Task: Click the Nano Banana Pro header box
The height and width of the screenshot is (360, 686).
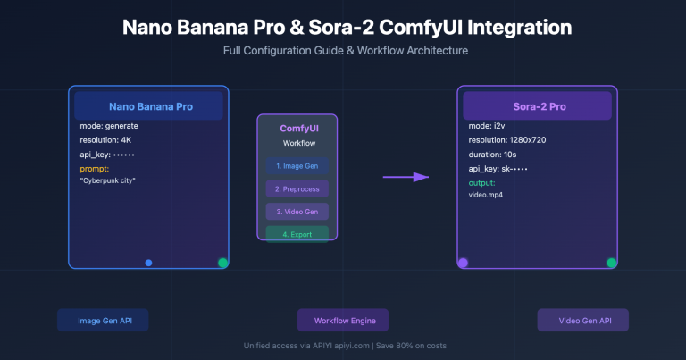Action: click(x=149, y=106)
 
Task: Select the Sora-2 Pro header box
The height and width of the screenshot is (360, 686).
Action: click(x=537, y=106)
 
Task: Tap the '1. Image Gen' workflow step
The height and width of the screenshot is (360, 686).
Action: click(x=297, y=166)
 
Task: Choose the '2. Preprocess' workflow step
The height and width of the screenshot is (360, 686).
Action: click(x=297, y=189)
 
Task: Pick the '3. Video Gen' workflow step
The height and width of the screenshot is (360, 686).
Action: click(x=297, y=212)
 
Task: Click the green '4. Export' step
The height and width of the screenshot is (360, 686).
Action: click(x=297, y=234)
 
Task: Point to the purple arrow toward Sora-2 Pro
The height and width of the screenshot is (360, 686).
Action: click(x=406, y=177)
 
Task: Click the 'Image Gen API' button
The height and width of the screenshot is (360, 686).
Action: click(x=102, y=321)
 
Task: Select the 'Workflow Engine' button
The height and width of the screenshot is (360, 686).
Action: click(x=343, y=321)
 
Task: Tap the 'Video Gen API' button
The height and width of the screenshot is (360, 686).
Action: click(x=582, y=321)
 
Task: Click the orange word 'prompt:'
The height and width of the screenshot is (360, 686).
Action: click(x=95, y=168)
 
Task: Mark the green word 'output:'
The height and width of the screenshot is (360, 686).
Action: click(x=483, y=182)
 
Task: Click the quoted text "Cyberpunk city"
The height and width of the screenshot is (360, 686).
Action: click(x=114, y=180)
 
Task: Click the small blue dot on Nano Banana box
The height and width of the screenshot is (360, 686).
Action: click(x=149, y=263)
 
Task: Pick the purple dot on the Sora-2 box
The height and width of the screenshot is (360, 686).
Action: click(x=463, y=263)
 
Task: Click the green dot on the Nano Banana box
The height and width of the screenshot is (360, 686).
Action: click(x=222, y=263)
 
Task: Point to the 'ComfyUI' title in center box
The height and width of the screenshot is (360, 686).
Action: click(x=297, y=128)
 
